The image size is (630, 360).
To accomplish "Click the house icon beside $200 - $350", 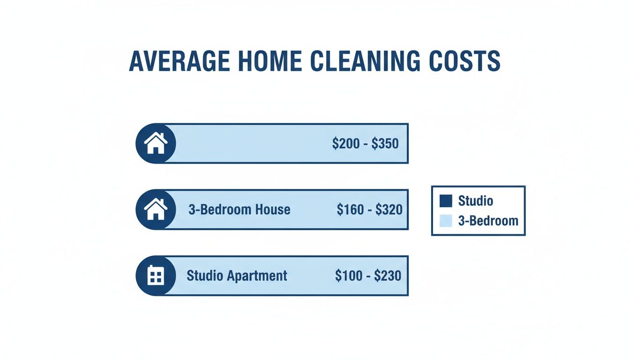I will click(156, 143).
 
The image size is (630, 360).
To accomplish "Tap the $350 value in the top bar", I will click(385, 143).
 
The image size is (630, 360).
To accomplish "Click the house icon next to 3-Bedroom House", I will click(156, 210).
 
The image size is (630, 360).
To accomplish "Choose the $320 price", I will click(389, 210).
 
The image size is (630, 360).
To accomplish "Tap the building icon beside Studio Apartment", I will click(156, 276).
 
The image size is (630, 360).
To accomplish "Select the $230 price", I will click(387, 276).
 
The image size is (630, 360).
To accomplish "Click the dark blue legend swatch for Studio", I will click(446, 201).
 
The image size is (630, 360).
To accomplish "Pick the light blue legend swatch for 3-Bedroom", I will click(446, 221).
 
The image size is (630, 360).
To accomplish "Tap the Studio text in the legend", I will click(475, 201).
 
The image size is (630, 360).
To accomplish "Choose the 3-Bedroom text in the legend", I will click(488, 221).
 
